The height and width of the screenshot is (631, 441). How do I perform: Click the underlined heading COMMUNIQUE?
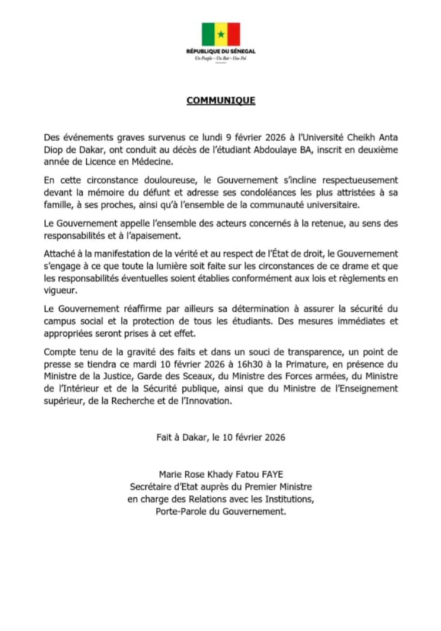[x=220, y=100]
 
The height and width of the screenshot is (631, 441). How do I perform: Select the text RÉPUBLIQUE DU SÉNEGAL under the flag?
[x=220, y=51]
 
